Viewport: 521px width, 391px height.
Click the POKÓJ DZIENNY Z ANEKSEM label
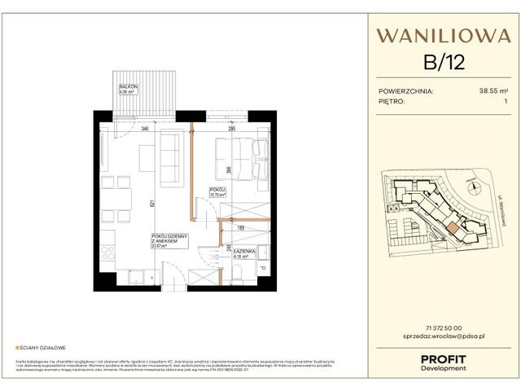click(168, 241)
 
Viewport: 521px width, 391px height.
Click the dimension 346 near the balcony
click(144, 129)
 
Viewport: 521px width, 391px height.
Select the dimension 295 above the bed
click(231, 129)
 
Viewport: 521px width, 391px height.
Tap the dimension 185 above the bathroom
click(242, 231)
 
